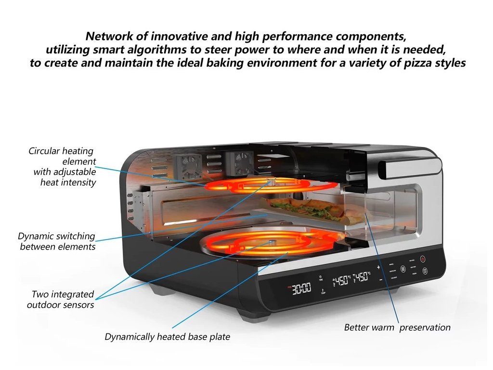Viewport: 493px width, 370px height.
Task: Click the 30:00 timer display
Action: click(x=302, y=289)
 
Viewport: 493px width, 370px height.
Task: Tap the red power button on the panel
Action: click(x=423, y=259)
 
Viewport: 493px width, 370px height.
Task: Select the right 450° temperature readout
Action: click(x=363, y=277)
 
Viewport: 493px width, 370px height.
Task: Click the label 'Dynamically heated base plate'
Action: click(x=168, y=337)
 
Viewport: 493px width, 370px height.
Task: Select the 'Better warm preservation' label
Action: click(x=397, y=328)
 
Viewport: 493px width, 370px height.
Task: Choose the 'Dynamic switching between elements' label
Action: click(x=57, y=241)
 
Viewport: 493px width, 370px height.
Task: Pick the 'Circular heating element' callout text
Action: click(x=63, y=167)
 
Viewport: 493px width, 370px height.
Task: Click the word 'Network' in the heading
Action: click(x=106, y=36)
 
